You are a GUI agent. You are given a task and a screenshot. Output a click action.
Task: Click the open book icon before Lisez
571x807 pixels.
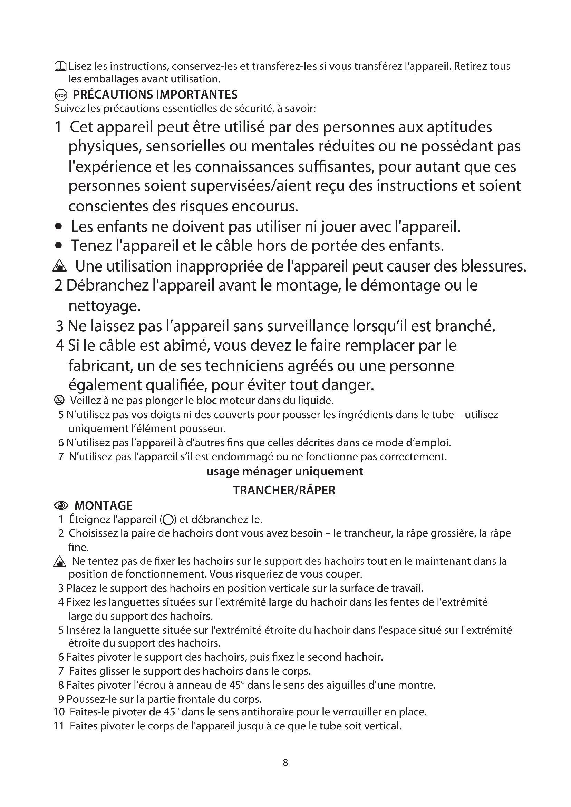coord(60,66)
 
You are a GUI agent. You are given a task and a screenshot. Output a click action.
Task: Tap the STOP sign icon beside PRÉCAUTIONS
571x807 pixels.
coord(60,95)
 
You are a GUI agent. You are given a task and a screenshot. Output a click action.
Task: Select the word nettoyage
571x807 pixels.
coord(104,306)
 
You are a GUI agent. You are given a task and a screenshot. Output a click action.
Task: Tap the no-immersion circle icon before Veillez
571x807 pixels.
coord(60,400)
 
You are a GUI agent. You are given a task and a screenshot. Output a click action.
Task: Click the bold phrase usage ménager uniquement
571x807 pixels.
coord(285,471)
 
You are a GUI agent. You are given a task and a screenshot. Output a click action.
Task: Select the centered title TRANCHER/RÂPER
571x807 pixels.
coord(284,490)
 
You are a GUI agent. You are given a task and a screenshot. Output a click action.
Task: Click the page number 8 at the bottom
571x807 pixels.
coord(285,762)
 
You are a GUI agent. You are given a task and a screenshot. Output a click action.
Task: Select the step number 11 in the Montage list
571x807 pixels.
coord(59,726)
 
